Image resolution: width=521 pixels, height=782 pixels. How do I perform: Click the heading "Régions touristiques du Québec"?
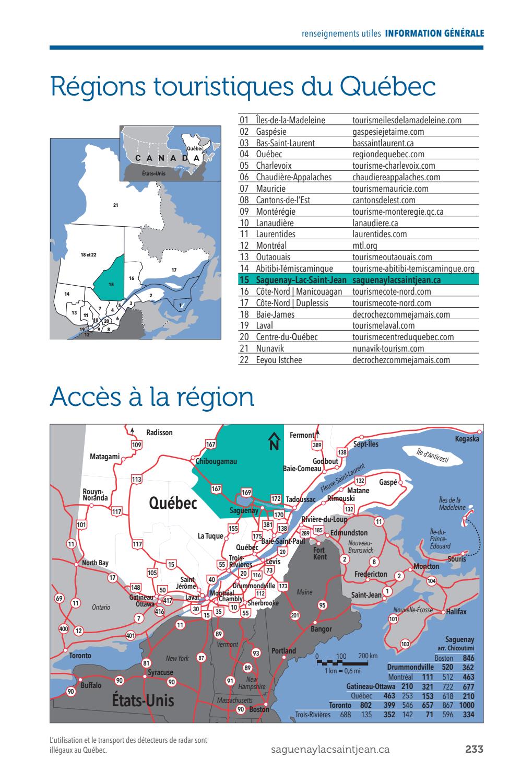point(243,87)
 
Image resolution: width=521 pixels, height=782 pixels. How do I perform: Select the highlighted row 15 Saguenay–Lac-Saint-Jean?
point(358,280)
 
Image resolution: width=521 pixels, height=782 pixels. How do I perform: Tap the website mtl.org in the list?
point(364,246)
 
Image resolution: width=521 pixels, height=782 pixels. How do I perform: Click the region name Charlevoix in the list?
point(274,166)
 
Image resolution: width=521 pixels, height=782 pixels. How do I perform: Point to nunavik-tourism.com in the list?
point(388,348)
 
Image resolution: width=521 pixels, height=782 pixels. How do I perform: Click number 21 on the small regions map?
point(116,205)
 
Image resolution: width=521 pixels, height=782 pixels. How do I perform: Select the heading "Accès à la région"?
point(152,398)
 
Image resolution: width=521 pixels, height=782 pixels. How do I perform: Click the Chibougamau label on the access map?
point(216,461)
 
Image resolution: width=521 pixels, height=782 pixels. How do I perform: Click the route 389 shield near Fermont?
point(317,445)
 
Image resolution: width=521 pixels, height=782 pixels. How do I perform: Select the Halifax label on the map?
point(456,612)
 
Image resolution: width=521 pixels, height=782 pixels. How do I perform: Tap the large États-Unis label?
point(143,700)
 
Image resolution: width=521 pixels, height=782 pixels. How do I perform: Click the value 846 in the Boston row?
point(468,658)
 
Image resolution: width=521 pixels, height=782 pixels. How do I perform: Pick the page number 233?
point(474,749)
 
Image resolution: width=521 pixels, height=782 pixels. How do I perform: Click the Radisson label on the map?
point(159,433)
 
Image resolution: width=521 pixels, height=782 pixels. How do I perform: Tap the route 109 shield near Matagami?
point(137,445)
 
